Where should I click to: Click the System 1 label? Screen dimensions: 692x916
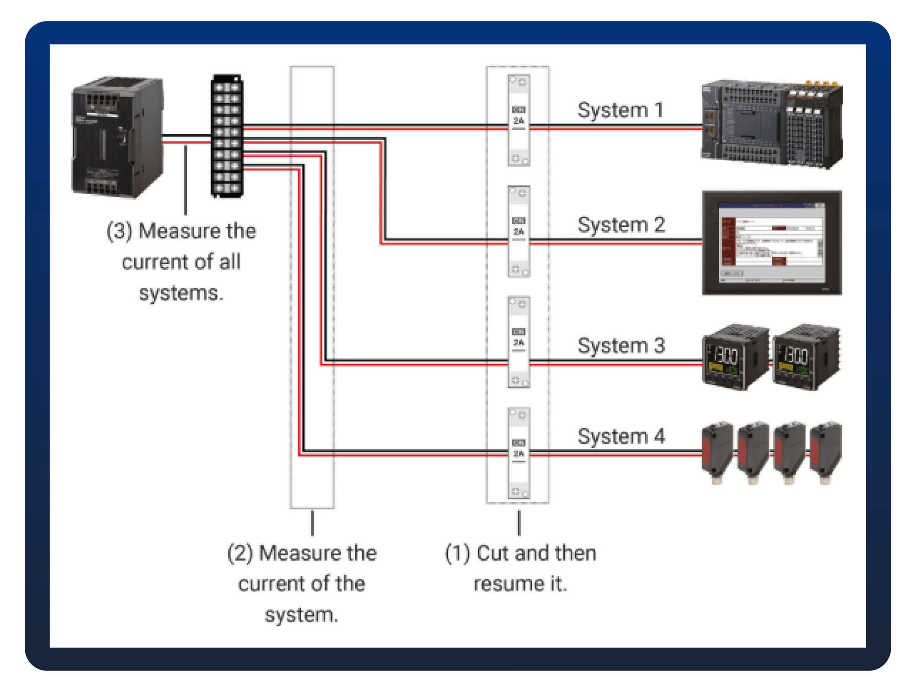(x=620, y=110)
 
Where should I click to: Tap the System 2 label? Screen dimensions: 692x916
(x=621, y=225)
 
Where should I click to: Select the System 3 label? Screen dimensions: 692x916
(x=621, y=346)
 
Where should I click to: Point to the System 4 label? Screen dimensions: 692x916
(x=621, y=436)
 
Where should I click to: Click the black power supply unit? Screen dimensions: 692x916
(x=117, y=137)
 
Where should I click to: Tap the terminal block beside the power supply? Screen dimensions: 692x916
(x=227, y=136)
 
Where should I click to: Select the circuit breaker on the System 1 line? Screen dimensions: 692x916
(x=519, y=120)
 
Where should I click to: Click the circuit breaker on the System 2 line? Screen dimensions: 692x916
(x=519, y=231)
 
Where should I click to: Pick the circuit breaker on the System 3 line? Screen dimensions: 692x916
(x=519, y=342)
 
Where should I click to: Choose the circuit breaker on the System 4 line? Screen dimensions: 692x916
(x=519, y=453)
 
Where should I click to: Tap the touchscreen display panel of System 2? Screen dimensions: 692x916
(x=772, y=243)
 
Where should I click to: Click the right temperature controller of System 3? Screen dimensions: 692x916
(x=807, y=357)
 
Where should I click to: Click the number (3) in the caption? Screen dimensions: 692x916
(x=119, y=231)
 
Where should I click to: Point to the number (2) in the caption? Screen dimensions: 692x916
(x=240, y=553)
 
